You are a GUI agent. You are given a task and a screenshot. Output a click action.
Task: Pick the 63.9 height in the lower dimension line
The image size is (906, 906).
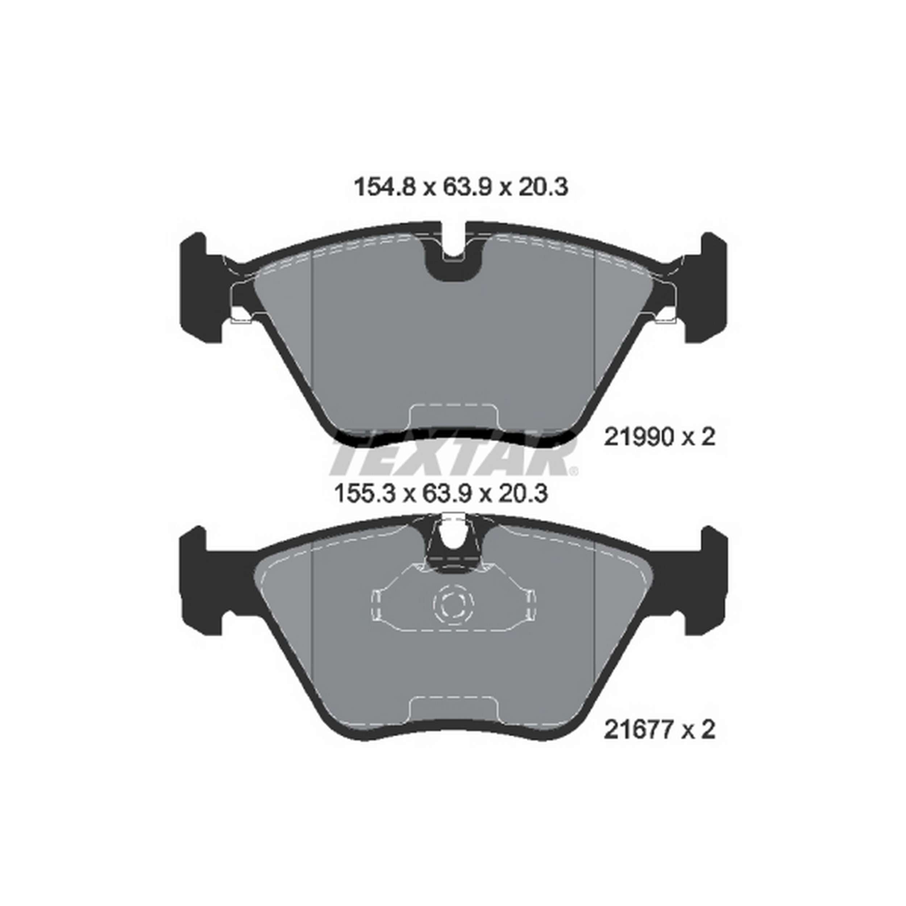coord(445,494)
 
